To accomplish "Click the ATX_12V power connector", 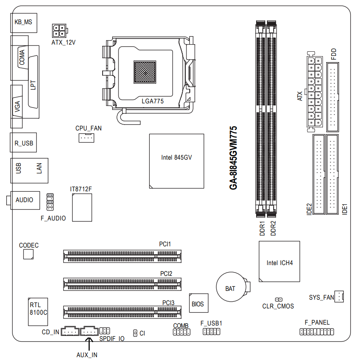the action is [x=60, y=30].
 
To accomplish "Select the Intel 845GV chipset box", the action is [x=176, y=161].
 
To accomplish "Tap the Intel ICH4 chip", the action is [x=279, y=261].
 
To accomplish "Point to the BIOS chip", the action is [x=199, y=303].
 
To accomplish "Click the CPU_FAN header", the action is [x=86, y=138].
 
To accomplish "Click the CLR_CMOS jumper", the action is [x=279, y=300].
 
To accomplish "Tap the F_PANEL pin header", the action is [x=317, y=332].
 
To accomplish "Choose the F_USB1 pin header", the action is [x=211, y=331].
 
